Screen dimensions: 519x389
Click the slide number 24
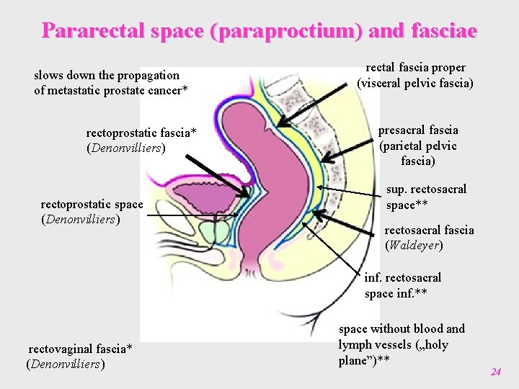click(x=495, y=372)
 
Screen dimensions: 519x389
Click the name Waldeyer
click(x=414, y=246)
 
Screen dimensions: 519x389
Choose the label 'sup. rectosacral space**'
click(x=426, y=197)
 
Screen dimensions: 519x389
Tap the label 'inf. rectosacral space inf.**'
click(x=402, y=285)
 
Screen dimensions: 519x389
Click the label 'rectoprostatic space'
click(x=92, y=205)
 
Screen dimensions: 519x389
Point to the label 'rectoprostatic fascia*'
click(x=141, y=133)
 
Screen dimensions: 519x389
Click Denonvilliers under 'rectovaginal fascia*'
click(x=66, y=364)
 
